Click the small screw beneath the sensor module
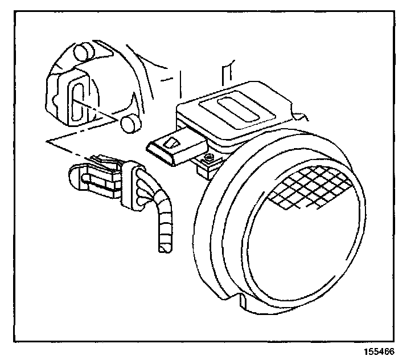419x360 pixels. pyautogui.click(x=209, y=157)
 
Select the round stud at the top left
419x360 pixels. pyautogui.click(x=84, y=52)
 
